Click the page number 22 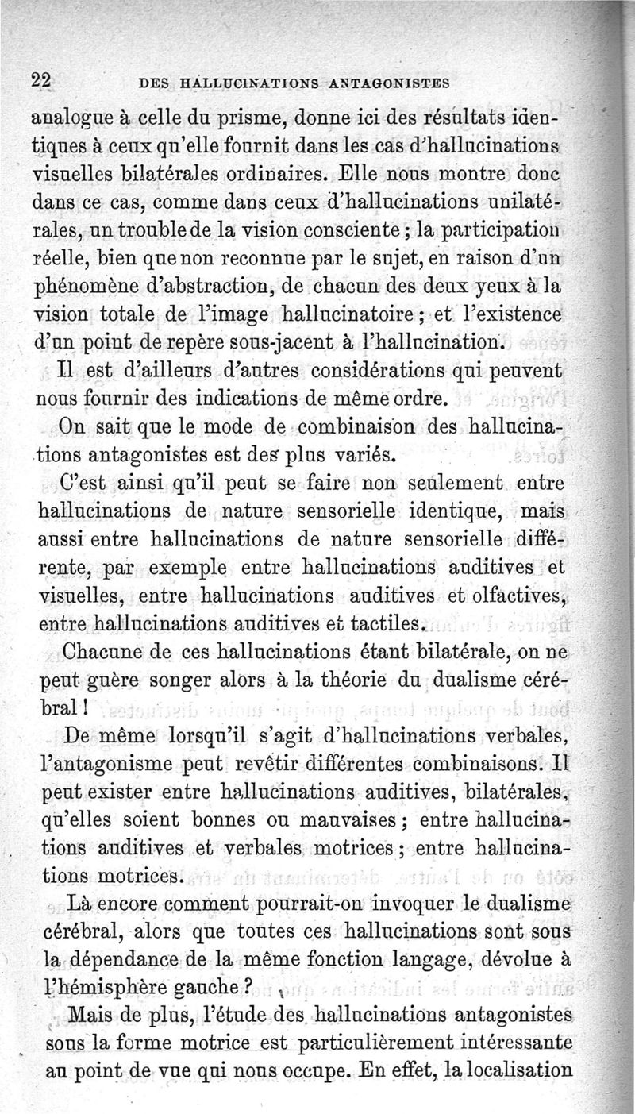coord(40,80)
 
